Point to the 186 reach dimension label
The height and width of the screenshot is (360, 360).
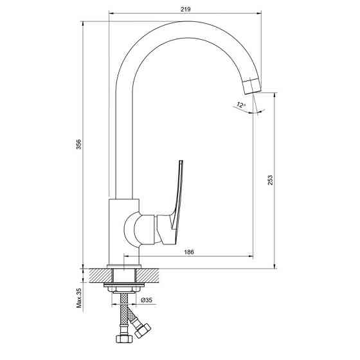(189, 253)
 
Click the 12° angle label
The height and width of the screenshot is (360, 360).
(240, 104)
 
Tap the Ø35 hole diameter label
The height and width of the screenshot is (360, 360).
(146, 300)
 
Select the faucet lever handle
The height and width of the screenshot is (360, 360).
(177, 193)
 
